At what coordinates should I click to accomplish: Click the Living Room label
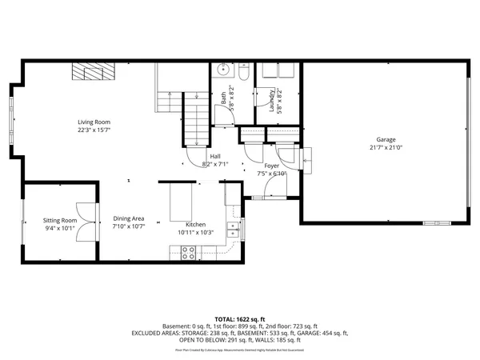click(x=94, y=121)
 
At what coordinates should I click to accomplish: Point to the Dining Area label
click(x=129, y=218)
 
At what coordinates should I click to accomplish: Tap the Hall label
click(x=215, y=156)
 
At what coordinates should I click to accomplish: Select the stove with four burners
click(x=190, y=252)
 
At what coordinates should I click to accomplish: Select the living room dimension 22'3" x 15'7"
click(x=94, y=130)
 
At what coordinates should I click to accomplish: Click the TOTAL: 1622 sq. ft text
click(x=239, y=319)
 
